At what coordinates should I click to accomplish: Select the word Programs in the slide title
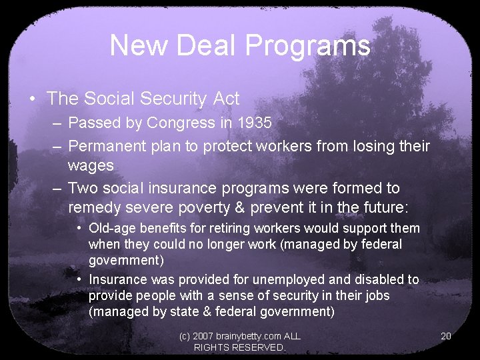[x=308, y=46]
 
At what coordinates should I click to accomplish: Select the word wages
[x=91, y=164]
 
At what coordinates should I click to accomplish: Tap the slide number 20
[x=446, y=336]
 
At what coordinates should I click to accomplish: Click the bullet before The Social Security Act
[x=32, y=99]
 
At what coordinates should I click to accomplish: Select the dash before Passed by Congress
[x=58, y=123]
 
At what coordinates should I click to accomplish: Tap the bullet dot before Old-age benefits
[x=79, y=228]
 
